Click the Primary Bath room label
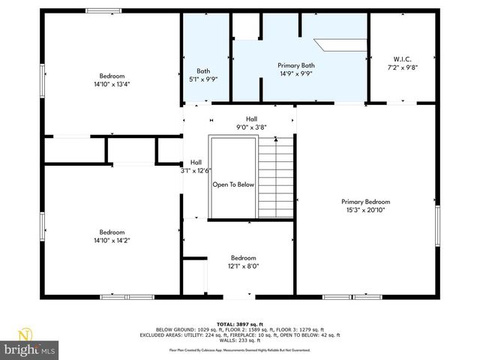tap(295, 66)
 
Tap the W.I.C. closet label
tap(402, 59)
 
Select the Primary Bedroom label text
tap(365, 202)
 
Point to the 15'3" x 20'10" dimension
tap(365, 210)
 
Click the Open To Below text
tap(233, 184)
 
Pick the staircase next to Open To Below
tap(277, 178)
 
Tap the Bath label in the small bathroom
tap(203, 71)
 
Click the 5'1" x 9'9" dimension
tap(203, 79)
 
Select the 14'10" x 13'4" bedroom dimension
tap(112, 84)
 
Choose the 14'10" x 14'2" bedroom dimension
tap(112, 240)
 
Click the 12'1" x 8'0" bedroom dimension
tap(243, 265)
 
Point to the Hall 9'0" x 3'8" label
tap(251, 123)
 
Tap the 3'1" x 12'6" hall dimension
tap(196, 170)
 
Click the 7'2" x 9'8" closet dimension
tap(402, 67)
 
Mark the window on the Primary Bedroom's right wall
tap(437, 225)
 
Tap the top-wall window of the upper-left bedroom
tap(103, 10)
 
